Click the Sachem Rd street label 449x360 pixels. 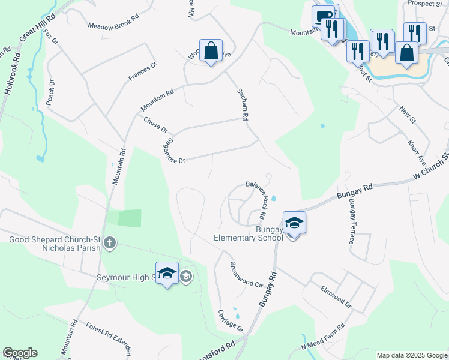pos(241,104)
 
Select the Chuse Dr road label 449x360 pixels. pos(155,125)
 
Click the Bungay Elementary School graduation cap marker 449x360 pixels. pos(294,223)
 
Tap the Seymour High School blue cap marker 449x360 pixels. pos(167,274)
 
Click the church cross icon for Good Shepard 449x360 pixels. pos(109,244)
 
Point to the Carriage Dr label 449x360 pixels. pos(230,321)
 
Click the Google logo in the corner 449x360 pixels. pos(20,353)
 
